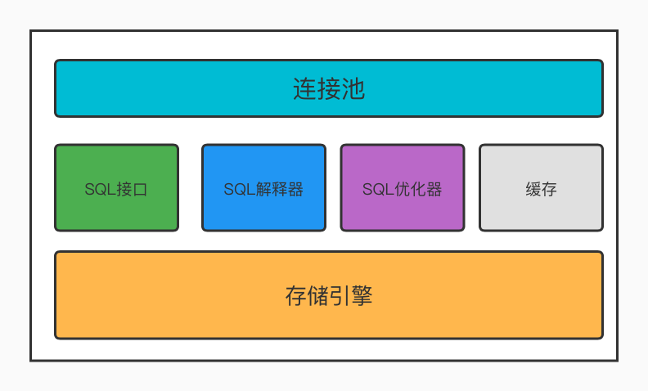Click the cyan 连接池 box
(329, 88)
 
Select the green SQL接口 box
(116, 187)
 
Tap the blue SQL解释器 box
(263, 187)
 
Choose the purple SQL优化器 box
(403, 187)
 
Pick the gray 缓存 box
(542, 187)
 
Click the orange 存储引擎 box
(329, 295)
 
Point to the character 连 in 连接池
(305, 89)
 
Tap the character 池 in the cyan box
(353, 89)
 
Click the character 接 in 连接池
(329, 89)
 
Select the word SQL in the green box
(101, 189)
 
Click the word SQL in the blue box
(240, 189)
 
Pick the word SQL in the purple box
(378, 189)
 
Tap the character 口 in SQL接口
(140, 190)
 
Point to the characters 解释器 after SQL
(279, 189)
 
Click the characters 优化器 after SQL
(418, 189)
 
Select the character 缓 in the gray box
(533, 189)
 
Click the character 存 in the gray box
(549, 189)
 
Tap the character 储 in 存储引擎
(318, 296)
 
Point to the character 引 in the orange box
(340, 296)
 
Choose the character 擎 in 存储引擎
(362, 296)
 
